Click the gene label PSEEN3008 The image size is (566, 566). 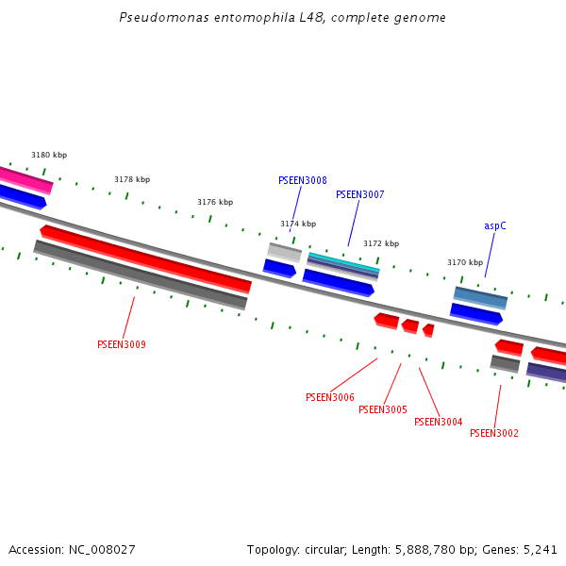click(x=302, y=180)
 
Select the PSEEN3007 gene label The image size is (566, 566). click(x=359, y=194)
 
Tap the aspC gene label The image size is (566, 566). click(x=495, y=225)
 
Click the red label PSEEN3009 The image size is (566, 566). click(x=121, y=344)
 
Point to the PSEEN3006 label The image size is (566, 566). click(x=329, y=397)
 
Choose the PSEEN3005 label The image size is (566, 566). click(x=382, y=409)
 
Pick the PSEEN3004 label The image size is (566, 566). click(x=438, y=422)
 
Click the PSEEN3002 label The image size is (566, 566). click(x=493, y=433)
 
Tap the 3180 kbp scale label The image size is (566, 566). click(x=49, y=155)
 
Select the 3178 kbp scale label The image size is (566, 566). click(x=132, y=179)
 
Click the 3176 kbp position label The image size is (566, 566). click(x=215, y=202)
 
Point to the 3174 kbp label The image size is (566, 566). click(x=298, y=224)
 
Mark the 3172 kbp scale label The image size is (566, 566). click(x=381, y=243)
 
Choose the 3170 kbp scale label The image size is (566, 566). click(x=465, y=262)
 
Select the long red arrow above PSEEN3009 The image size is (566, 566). click(x=145, y=258)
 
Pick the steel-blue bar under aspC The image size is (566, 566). click(x=480, y=297)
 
